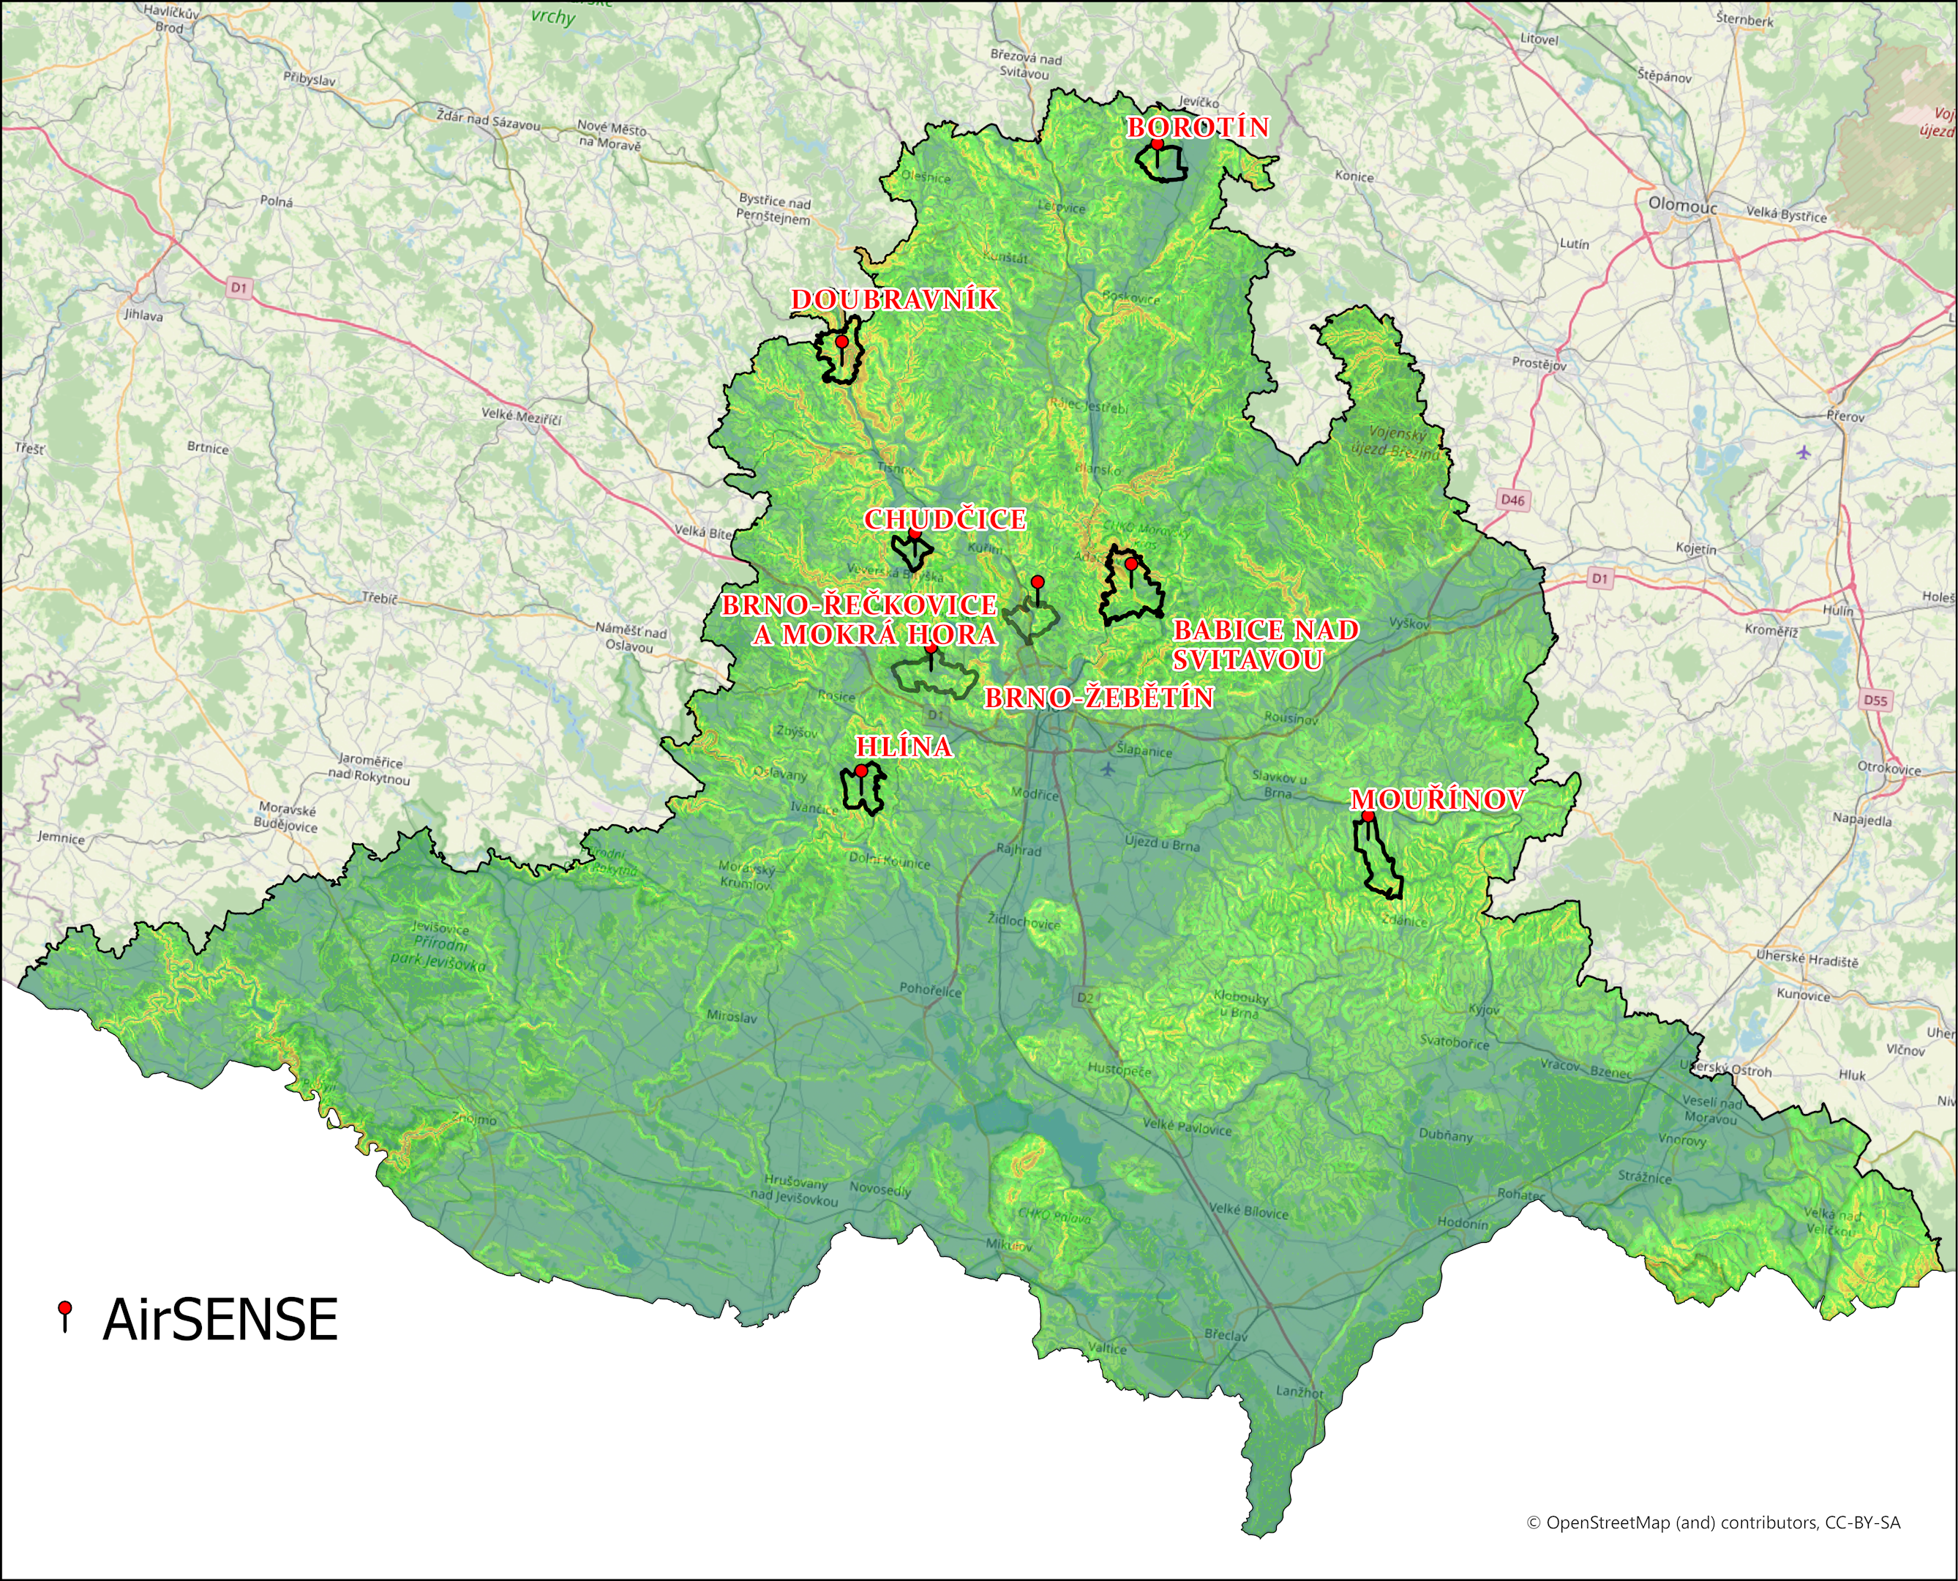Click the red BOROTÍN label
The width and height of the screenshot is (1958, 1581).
point(1198,127)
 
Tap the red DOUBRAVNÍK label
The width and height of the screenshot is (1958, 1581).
point(894,299)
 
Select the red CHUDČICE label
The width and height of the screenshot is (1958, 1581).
point(945,519)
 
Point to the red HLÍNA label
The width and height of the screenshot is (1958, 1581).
point(904,747)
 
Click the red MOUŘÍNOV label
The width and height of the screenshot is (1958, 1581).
point(1436,799)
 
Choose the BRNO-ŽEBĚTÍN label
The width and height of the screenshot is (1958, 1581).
point(1100,698)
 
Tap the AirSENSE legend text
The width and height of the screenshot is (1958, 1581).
point(220,1320)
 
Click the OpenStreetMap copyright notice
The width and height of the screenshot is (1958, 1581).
point(1712,1522)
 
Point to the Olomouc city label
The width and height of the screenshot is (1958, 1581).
point(1682,206)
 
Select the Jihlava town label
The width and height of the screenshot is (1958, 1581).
point(144,316)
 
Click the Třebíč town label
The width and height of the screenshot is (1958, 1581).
point(380,598)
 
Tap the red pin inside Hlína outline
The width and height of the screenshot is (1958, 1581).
point(861,771)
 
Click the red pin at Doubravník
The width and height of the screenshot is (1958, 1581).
point(842,342)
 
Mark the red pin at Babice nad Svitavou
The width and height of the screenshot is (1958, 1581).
point(1130,564)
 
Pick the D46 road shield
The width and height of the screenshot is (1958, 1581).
point(1512,500)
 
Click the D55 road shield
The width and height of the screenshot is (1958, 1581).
point(1875,700)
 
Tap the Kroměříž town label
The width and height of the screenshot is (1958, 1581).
point(1771,630)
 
